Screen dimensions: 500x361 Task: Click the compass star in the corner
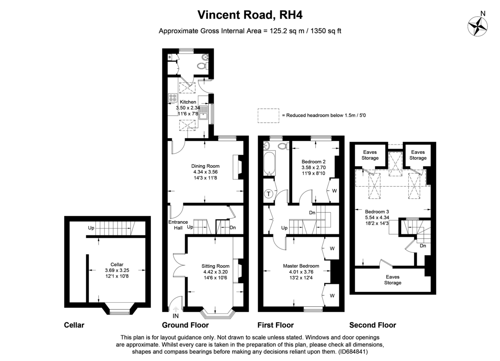point(477,26)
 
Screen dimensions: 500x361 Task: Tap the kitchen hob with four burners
point(173,98)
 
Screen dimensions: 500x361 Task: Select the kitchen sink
point(203,113)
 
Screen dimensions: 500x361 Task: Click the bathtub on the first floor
point(270,163)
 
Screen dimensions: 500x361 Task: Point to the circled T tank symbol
point(268,194)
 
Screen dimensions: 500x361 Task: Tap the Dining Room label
point(205,166)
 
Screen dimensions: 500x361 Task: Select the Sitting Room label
point(215,266)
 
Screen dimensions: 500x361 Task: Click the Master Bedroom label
point(301,266)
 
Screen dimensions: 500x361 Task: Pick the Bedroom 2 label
point(313,162)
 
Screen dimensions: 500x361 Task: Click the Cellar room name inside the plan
point(117,264)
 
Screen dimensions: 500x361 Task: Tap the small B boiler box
point(170,57)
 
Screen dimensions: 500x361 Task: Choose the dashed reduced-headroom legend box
point(268,116)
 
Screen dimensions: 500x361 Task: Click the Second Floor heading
point(372,325)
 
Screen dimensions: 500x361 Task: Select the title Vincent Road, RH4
point(250,15)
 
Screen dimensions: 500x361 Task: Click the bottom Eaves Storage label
point(392,280)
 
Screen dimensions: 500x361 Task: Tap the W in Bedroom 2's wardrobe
point(334,191)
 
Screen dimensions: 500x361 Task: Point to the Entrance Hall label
point(178,225)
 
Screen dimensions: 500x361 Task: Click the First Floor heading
point(275,325)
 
